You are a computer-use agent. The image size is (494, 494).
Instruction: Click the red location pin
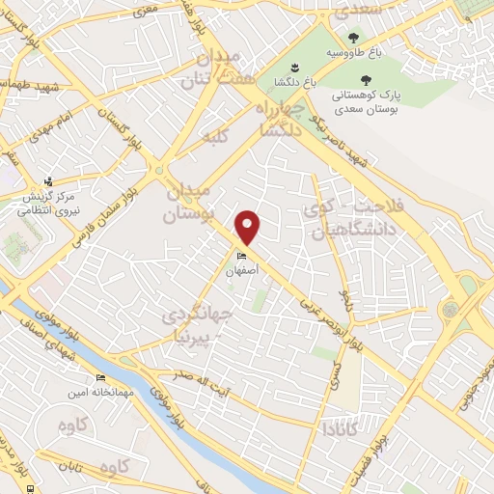248,226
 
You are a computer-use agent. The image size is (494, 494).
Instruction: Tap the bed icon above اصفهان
240,256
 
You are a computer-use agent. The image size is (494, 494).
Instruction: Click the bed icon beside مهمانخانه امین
99,377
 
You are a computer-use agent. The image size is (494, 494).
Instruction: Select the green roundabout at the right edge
451,309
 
